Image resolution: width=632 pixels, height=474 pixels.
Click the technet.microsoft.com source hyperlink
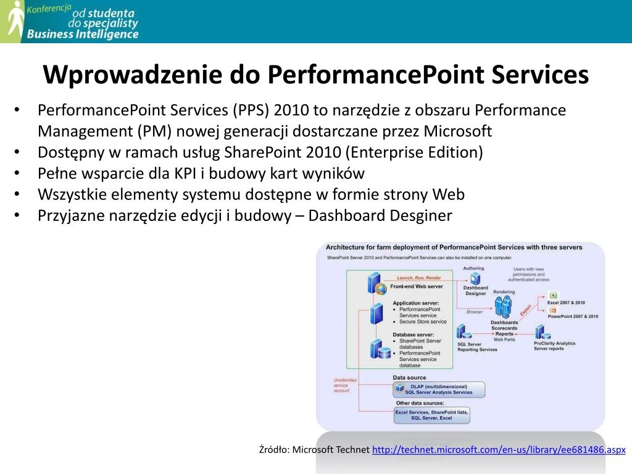point(499,449)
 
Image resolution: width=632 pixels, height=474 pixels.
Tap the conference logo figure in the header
point(14,22)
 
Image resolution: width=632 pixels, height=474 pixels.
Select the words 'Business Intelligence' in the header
point(83,34)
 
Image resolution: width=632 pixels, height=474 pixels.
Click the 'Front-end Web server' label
point(416,286)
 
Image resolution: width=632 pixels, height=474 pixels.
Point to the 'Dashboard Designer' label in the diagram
point(475,291)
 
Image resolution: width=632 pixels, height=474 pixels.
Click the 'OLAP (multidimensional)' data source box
point(438,389)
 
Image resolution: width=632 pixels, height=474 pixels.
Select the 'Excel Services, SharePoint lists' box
point(431,415)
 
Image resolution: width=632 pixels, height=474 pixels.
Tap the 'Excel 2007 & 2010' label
point(566,303)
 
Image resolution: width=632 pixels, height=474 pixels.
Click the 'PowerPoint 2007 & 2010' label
point(573,316)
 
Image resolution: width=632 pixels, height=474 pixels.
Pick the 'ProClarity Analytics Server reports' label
point(554,346)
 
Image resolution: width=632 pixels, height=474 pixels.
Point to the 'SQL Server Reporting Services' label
point(476,347)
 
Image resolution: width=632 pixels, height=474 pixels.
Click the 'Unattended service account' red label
point(342,385)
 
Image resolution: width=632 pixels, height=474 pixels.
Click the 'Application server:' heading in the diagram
point(416,303)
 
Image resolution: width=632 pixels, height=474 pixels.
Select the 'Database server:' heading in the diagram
point(412,335)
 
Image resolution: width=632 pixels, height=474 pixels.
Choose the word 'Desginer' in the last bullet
point(423,215)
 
